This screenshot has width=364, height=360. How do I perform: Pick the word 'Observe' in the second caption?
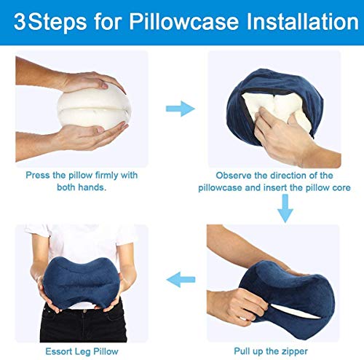click(x=233, y=176)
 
